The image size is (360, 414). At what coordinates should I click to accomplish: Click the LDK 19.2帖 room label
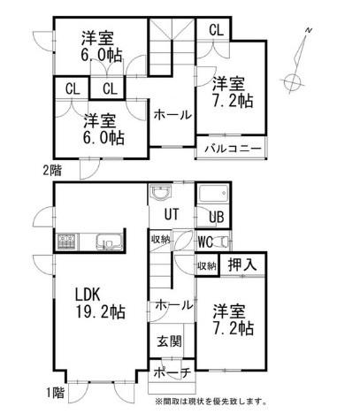101,303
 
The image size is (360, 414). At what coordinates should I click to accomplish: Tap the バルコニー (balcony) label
234,149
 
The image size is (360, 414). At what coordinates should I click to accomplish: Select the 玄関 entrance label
169,341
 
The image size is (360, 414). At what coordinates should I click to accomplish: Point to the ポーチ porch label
172,372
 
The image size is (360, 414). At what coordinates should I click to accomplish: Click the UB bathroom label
217,217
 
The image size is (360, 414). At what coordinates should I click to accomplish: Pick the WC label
205,242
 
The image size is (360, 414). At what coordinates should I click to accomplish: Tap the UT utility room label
172,214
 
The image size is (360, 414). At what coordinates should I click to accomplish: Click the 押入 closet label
242,264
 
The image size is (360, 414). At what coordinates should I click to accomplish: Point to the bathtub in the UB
213,194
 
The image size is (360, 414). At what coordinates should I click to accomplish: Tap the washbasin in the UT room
160,193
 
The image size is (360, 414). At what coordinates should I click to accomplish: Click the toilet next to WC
222,241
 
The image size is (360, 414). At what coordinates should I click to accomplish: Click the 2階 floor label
52,171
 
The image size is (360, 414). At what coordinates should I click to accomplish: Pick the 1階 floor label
55,393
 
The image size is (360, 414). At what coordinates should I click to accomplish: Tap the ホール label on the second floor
172,115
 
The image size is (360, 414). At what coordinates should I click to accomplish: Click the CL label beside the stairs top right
217,30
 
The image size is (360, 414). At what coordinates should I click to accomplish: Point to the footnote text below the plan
211,402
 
